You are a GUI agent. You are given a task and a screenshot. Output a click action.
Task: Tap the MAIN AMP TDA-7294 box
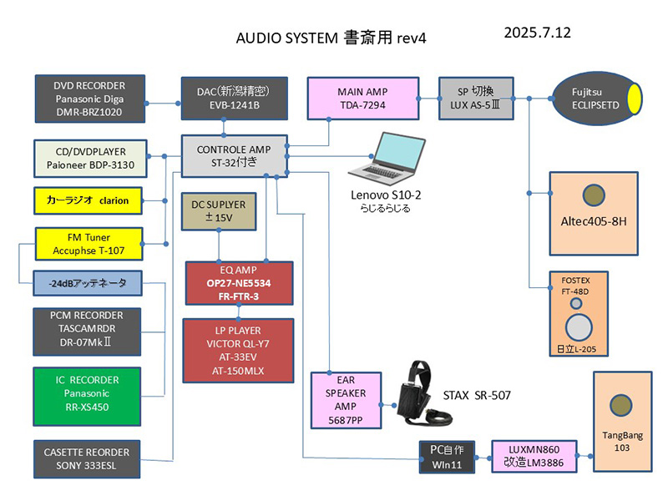coord(363,98)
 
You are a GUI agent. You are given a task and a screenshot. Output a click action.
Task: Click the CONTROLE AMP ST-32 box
coord(234,156)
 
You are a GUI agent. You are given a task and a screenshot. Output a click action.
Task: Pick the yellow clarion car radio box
coord(87,201)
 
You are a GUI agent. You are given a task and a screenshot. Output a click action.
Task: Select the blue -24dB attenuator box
coord(87,282)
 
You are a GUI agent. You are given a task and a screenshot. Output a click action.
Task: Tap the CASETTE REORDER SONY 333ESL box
coord(87,458)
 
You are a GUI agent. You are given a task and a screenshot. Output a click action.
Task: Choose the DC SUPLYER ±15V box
coord(218,212)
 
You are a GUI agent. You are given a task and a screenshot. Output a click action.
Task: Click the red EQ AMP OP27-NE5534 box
coord(240,283)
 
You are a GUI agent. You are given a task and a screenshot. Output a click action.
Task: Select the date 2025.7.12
coord(537,33)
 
